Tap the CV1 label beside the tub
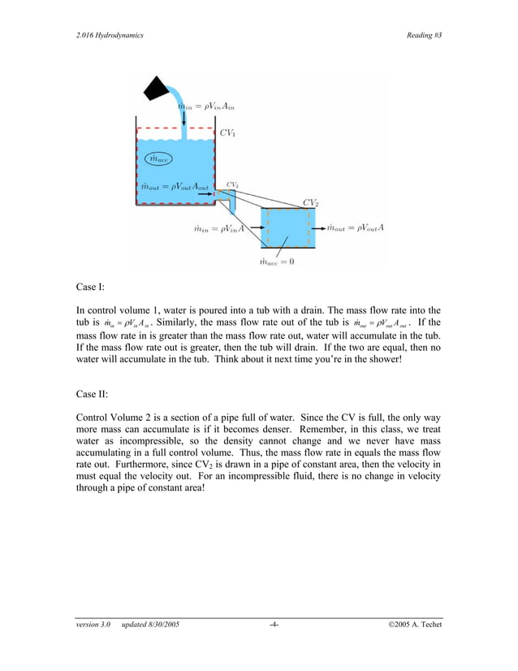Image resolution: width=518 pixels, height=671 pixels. point(228,132)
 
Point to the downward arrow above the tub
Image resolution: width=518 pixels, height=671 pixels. point(185,121)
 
